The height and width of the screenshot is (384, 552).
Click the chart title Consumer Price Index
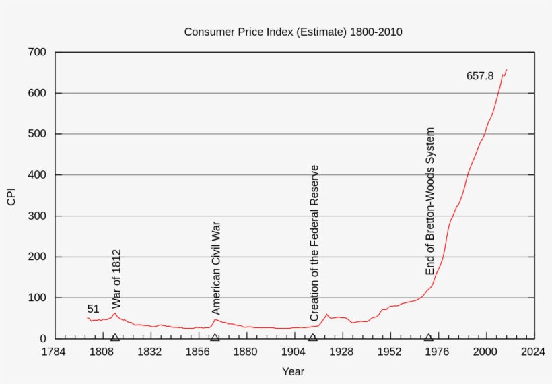pyautogui.click(x=294, y=32)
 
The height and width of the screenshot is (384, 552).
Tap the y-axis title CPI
pyautogui.click(x=11, y=195)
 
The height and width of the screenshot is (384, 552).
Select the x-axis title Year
pyautogui.click(x=293, y=371)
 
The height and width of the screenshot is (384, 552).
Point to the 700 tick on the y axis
pyautogui.click(x=38, y=53)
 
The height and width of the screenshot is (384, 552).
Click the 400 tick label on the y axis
pyautogui.click(x=38, y=175)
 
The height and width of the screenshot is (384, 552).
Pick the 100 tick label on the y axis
pyautogui.click(x=38, y=298)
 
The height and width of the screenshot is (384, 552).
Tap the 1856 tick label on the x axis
pyautogui.click(x=197, y=352)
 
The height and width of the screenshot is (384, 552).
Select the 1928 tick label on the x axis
pyautogui.click(x=341, y=352)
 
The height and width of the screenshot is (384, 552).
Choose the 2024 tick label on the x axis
pyautogui.click(x=533, y=352)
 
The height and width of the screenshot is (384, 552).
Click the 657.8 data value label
pyautogui.click(x=480, y=76)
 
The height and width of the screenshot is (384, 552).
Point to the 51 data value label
pyautogui.click(x=93, y=309)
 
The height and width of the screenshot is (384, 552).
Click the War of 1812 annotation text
pyautogui.click(x=116, y=279)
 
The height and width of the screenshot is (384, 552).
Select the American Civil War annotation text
pyautogui.click(x=216, y=267)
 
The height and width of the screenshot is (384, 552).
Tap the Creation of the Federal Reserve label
pyautogui.click(x=314, y=243)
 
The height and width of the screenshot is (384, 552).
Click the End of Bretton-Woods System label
pyautogui.click(x=430, y=201)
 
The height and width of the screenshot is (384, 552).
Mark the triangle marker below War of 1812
pyautogui.click(x=115, y=338)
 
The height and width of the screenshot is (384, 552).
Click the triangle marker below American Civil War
pyautogui.click(x=215, y=338)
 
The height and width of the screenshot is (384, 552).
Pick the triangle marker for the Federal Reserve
pyautogui.click(x=312, y=338)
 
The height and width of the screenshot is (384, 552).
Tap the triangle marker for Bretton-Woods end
pyautogui.click(x=428, y=338)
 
